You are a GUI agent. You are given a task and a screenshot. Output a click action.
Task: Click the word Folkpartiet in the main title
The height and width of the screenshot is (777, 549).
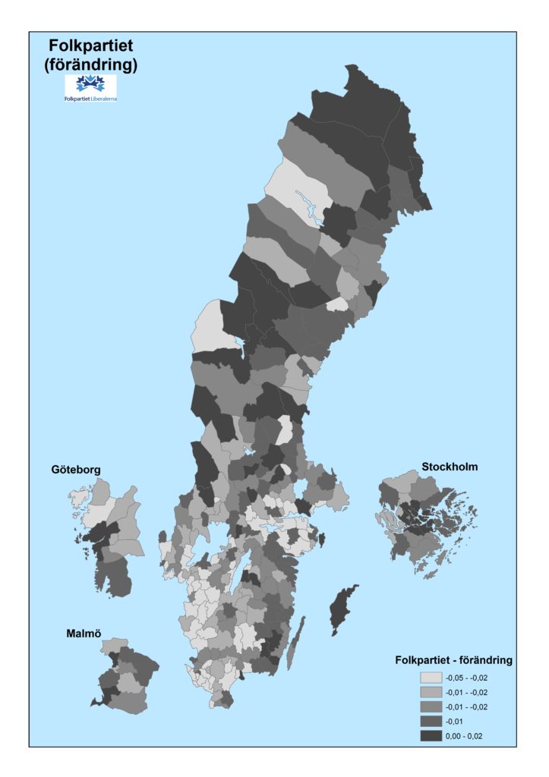tap(90, 47)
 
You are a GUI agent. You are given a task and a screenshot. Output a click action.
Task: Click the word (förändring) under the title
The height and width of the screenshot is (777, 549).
tap(90, 65)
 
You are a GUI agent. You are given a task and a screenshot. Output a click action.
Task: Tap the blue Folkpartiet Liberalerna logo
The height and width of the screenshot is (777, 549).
tap(91, 87)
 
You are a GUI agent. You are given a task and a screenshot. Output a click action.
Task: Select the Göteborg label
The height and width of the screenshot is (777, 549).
tap(75, 470)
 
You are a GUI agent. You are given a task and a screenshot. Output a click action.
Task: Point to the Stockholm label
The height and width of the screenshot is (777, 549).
tap(450, 467)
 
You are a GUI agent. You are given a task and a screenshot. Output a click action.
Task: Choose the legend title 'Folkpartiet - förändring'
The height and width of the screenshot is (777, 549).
tap(453, 660)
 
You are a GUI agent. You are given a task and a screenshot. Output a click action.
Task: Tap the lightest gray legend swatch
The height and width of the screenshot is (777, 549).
tap(431, 677)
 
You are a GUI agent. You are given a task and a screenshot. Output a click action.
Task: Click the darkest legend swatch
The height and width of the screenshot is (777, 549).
tap(431, 735)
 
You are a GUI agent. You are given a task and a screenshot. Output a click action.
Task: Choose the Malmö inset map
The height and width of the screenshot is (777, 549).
tap(125, 678)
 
